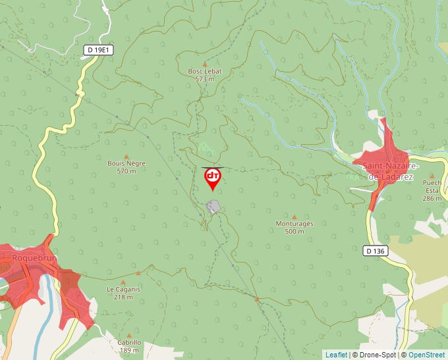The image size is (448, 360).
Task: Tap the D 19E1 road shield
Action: (x=99, y=49)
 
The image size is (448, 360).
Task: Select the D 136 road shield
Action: (x=376, y=251)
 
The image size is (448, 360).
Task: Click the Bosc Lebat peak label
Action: (x=205, y=71)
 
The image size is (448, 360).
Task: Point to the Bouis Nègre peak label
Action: (x=126, y=163)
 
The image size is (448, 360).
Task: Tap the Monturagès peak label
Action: (x=294, y=224)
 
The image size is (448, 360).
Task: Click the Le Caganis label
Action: (x=123, y=289)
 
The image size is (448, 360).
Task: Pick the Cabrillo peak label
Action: (x=129, y=342)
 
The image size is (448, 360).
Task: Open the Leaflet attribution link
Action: (x=336, y=355)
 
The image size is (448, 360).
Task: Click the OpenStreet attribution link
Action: (x=426, y=355)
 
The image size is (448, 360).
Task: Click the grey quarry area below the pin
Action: (x=213, y=207)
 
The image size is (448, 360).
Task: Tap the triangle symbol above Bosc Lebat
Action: (x=205, y=64)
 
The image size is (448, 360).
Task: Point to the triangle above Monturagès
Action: (x=294, y=217)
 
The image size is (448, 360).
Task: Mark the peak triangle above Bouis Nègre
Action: (x=126, y=156)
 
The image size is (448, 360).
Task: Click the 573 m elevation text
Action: (x=205, y=79)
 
